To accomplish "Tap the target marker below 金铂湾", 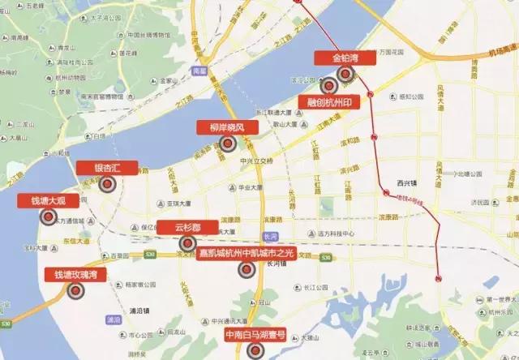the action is [x=347, y=74].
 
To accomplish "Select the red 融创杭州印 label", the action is [x=330, y=104].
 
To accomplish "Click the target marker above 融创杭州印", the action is [x=328, y=86].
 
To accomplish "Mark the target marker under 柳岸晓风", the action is [x=228, y=144].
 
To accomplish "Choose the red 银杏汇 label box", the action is [x=107, y=168].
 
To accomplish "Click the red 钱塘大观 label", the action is [x=48, y=200].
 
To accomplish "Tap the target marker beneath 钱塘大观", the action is [x=48, y=217].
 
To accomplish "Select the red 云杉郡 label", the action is [x=187, y=227].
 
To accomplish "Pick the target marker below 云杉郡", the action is [x=187, y=243].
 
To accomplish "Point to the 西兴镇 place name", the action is [x=405, y=183].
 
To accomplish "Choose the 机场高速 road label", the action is [x=500, y=50].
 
